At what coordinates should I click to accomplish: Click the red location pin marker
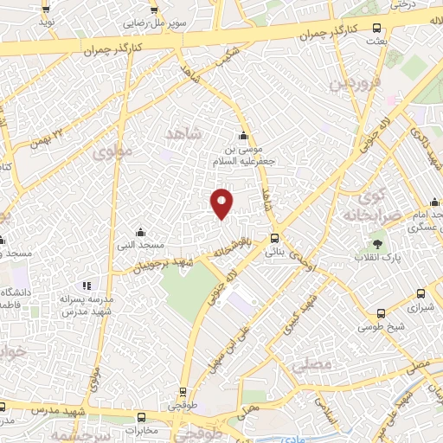coord(221,202)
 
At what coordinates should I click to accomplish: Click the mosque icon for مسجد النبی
coord(141,233)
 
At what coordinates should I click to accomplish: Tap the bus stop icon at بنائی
coord(275,239)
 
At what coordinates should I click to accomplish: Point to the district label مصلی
coord(311,365)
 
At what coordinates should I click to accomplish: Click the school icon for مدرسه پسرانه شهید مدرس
coord(86,285)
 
